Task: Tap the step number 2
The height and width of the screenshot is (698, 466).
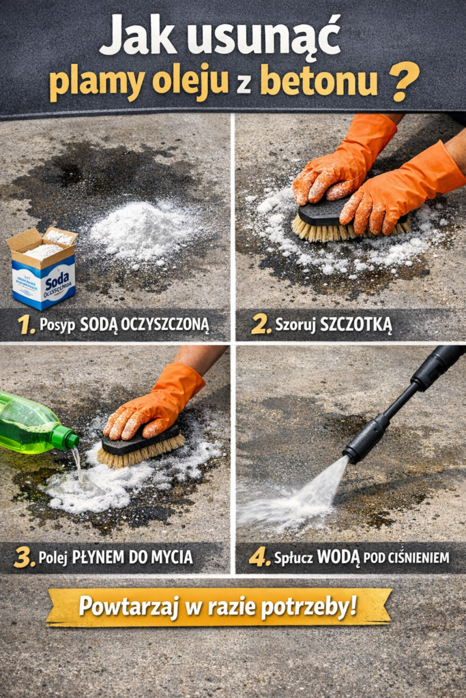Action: pos(261,325)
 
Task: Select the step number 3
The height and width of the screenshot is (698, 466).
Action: pos(24,558)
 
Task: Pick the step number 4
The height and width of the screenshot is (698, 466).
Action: pos(259,557)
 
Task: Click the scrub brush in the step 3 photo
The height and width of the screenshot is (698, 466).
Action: pos(140,446)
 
